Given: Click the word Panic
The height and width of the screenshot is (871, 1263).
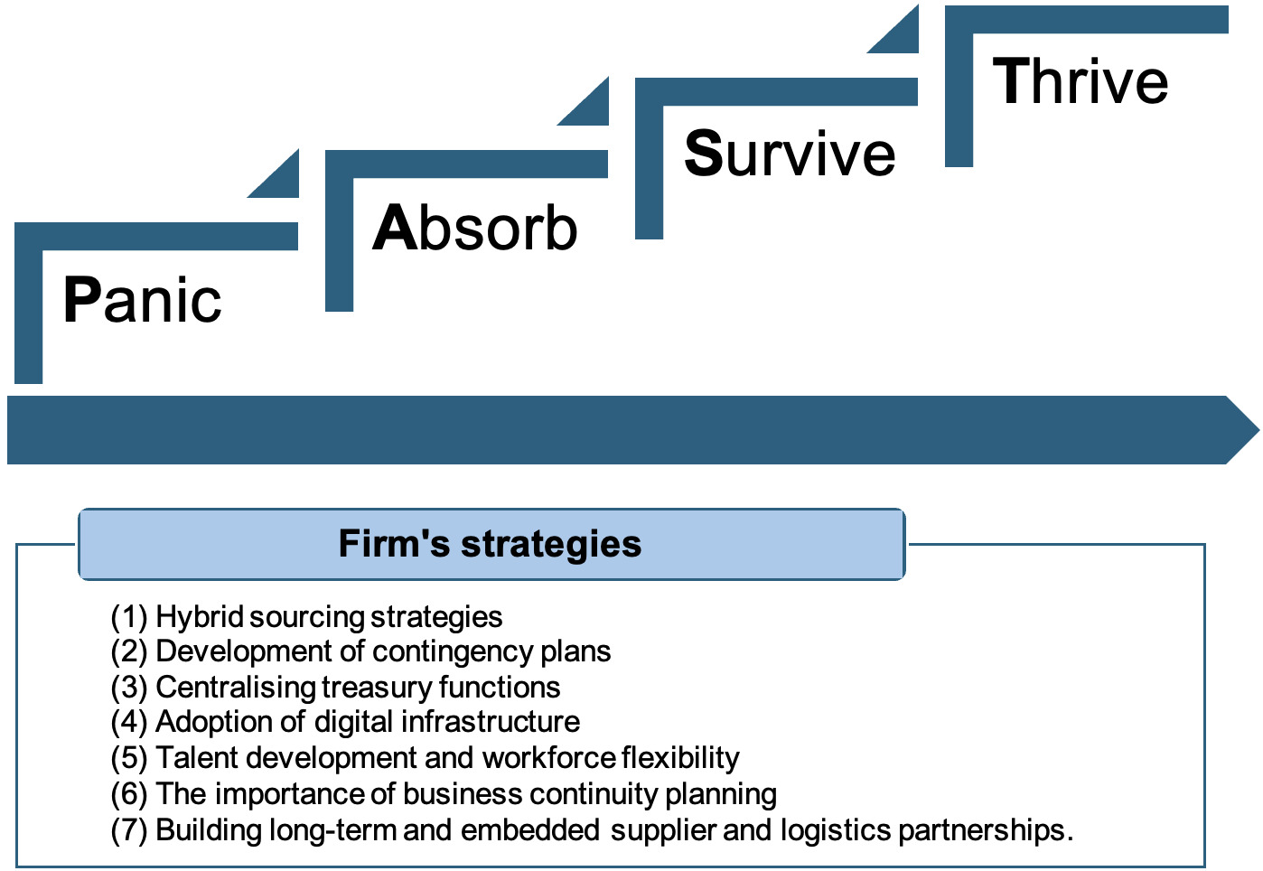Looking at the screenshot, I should click(x=142, y=301).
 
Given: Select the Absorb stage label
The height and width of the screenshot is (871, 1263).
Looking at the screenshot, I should click(x=474, y=228).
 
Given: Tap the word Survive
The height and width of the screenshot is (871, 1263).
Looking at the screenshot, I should click(x=789, y=154).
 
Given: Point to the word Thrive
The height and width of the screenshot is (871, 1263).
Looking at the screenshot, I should click(x=1081, y=81).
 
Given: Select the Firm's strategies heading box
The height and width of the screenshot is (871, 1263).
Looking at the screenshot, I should click(x=491, y=544).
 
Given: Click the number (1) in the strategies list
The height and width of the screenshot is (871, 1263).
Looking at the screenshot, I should click(x=128, y=617).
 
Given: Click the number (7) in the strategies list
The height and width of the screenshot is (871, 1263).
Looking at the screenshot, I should click(x=128, y=829).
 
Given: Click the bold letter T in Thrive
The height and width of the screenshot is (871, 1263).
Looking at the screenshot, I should click(x=1011, y=81).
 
